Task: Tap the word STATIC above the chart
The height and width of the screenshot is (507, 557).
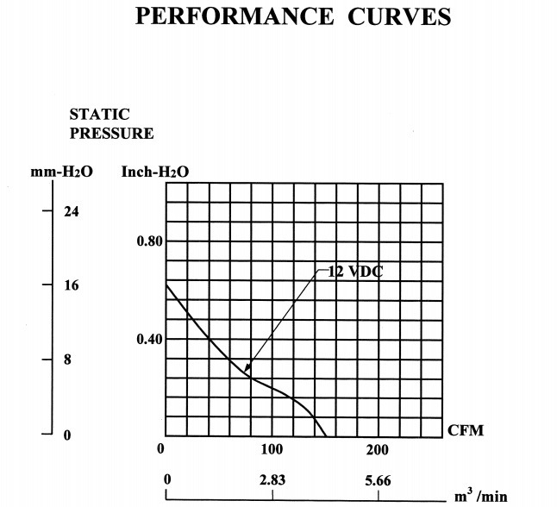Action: [99, 115]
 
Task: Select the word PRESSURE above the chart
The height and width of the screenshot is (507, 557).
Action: [111, 134]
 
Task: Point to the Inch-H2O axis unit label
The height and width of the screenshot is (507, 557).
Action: [155, 172]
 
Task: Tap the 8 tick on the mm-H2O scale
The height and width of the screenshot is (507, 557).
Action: [67, 360]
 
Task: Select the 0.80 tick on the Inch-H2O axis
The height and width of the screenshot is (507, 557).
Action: [149, 241]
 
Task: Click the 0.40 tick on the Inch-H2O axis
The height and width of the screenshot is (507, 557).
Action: [149, 339]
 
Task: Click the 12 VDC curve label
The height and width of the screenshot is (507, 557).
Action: [354, 272]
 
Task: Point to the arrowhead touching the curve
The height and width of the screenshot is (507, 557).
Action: [247, 374]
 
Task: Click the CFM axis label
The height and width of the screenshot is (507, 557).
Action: [466, 430]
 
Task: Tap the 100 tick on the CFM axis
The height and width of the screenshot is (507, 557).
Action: [272, 450]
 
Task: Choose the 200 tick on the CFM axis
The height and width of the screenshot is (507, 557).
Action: [378, 450]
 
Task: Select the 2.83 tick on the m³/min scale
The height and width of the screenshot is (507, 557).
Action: [272, 480]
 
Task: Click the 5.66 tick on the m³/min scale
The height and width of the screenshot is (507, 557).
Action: [378, 480]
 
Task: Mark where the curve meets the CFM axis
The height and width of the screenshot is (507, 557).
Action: [325, 435]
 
